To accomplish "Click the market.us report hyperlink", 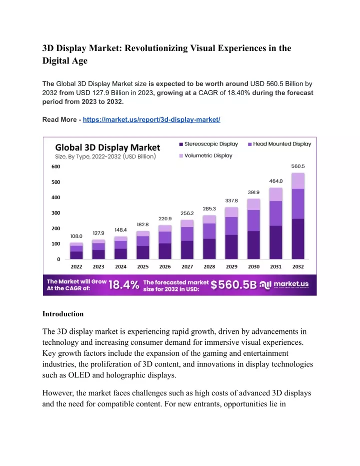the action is click(151, 120).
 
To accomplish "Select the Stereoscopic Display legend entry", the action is click(208, 144).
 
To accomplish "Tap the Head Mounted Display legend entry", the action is click(279, 144).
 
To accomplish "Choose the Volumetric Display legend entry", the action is click(205, 156).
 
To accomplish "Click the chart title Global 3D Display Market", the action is click(107, 147).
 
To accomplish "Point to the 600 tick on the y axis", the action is click(56, 166).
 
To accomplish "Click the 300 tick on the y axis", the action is click(56, 213).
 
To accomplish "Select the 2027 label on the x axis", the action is click(187, 267).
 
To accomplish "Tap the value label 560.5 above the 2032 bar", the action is click(298, 166).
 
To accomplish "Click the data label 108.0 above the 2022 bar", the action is click(76, 236).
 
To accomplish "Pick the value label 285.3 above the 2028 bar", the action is click(209, 209).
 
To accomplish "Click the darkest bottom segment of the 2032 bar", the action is click(298, 239).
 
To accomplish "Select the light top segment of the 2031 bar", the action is click(275, 194).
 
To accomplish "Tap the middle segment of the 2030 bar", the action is click(254, 221).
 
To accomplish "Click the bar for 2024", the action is click(121, 248).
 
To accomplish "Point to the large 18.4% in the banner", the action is click(124, 285).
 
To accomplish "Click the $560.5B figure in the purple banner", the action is click(233, 285).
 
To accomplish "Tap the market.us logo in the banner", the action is click(284, 285).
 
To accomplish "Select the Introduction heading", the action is click(63, 314).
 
